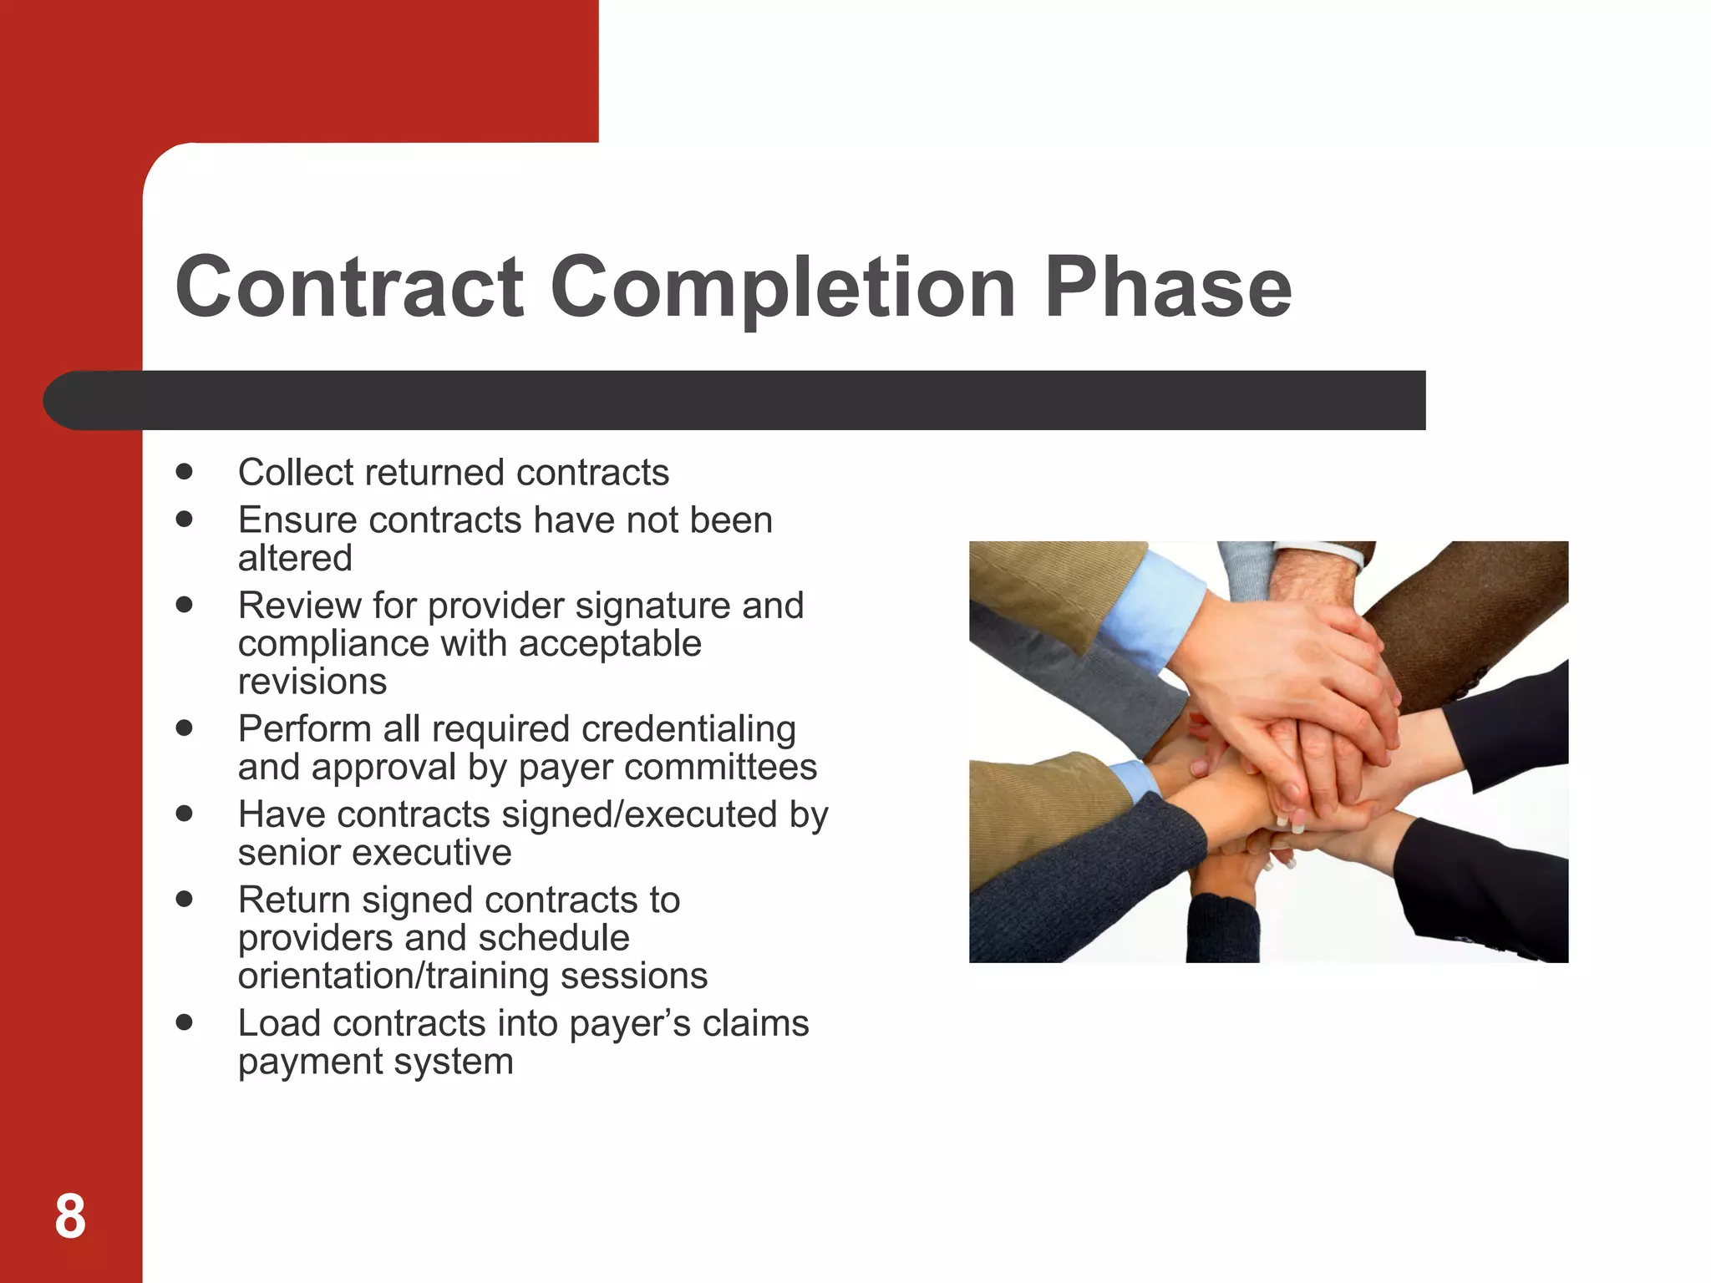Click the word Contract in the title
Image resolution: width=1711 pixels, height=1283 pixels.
point(349,287)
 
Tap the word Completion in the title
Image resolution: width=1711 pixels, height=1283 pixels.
point(783,289)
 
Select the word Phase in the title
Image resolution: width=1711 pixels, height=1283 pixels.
point(1168,287)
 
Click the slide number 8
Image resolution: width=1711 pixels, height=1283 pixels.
point(70,1216)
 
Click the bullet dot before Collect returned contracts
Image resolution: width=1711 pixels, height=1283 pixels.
point(185,472)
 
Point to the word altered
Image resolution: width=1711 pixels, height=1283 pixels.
point(295,558)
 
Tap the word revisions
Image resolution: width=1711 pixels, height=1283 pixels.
point(312,682)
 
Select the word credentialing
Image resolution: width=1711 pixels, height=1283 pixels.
point(688,729)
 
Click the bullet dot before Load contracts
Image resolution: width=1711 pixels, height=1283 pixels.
point(185,1022)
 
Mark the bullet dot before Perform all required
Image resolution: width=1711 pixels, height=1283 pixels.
point(185,728)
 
